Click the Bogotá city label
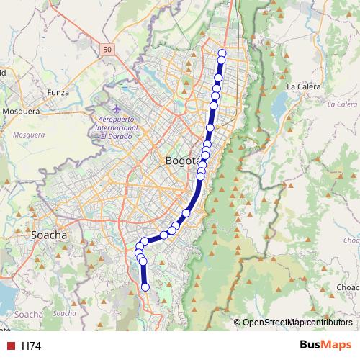point(181,161)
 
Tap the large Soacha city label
point(50,235)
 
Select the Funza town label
point(58,92)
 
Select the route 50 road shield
point(107,49)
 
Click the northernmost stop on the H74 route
point(222,53)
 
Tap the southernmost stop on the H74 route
point(145,287)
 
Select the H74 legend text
point(31,346)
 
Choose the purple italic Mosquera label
point(29,134)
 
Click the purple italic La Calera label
point(341,104)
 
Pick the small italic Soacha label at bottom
point(65,313)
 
